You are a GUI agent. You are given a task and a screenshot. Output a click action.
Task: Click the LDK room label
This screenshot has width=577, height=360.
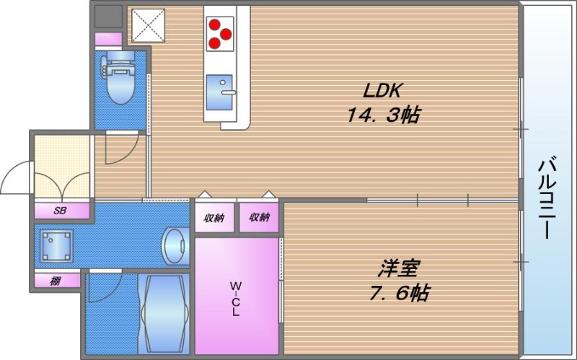[x=382, y=90]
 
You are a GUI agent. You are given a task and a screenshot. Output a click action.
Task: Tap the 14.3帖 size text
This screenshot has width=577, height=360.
[x=383, y=115]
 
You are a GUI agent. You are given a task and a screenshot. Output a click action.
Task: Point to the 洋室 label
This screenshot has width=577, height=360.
[x=399, y=268]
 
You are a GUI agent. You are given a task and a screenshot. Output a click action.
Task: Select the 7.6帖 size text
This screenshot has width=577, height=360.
[x=400, y=293]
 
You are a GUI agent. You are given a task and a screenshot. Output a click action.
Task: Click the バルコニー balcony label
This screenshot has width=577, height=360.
[x=547, y=198]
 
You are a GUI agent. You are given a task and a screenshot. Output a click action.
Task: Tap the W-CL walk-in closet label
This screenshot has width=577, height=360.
[x=236, y=299]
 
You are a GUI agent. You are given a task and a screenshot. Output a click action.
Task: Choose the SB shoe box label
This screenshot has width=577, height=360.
[x=60, y=211]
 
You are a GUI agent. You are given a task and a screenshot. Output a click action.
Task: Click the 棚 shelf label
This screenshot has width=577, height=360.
[x=56, y=281]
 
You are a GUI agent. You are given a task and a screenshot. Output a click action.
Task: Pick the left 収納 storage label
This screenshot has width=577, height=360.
[x=214, y=219]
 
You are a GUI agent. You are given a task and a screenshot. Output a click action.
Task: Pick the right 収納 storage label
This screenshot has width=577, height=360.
[x=259, y=218]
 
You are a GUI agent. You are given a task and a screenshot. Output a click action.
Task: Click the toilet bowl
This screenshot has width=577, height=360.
[x=120, y=78]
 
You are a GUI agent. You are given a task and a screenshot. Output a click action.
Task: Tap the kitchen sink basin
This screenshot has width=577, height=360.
[x=219, y=92]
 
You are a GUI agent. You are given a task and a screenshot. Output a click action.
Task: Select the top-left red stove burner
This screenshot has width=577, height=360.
[x=213, y=25]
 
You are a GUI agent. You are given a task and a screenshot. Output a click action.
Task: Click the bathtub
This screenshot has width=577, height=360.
[x=164, y=313]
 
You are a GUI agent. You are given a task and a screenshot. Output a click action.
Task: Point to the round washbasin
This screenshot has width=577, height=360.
[x=175, y=245]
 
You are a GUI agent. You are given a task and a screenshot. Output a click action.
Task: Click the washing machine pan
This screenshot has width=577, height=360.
[x=57, y=245]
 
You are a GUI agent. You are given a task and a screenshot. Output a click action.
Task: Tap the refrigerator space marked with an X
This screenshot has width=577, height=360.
[x=149, y=25]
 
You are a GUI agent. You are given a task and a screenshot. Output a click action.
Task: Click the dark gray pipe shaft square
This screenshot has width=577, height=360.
[x=108, y=16]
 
